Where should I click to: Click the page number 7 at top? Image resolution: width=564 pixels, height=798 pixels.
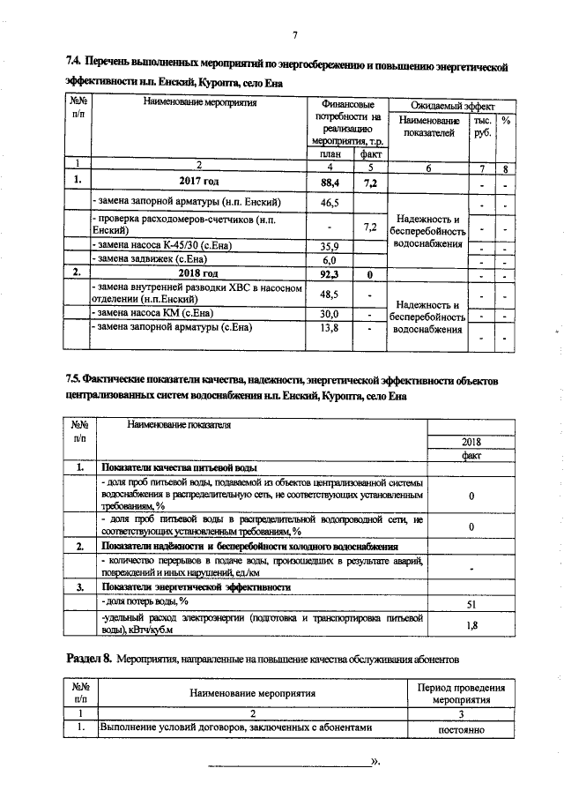click(295, 35)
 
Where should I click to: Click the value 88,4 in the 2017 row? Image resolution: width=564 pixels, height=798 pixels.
click(330, 183)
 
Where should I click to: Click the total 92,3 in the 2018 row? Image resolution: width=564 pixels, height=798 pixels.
click(330, 274)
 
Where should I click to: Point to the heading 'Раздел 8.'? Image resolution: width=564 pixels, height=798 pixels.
click(90, 659)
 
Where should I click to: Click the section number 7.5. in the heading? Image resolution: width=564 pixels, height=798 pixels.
click(75, 379)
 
